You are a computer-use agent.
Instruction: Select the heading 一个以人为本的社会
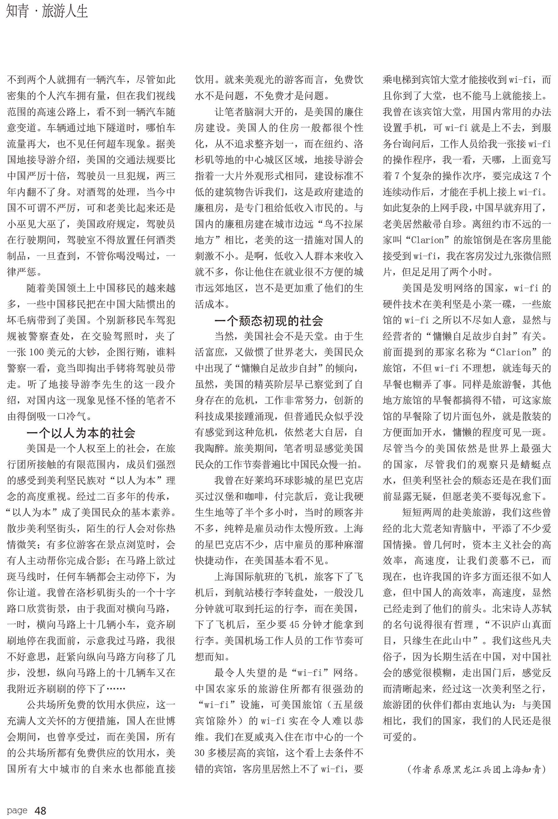pyautogui.click(x=81, y=433)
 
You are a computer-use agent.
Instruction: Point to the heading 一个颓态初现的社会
pyautogui.click(x=269, y=321)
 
